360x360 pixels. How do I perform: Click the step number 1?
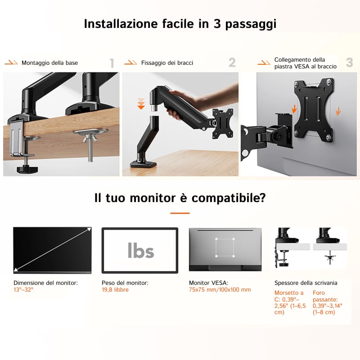pos(112,63)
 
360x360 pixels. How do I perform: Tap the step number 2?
pos(232,63)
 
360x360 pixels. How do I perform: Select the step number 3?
pos(350,62)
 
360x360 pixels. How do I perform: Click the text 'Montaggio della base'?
pos(49,63)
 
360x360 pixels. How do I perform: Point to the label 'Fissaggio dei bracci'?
pos(167,63)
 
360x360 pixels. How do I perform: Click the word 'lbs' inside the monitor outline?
pos(141,251)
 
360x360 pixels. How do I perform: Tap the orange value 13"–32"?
pos(23,290)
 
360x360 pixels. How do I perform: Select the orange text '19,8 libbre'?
pos(115,290)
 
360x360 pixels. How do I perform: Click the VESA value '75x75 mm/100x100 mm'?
pos(220,290)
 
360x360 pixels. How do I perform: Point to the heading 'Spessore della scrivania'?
pos(306,283)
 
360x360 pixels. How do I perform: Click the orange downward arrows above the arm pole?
pos(141,103)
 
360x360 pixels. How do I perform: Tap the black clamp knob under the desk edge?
pos(27,170)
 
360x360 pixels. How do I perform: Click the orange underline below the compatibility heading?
pos(180,213)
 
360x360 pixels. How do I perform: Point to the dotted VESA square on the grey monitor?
pos(225,247)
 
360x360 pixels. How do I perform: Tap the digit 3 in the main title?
pos(217,24)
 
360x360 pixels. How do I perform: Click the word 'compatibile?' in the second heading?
pos(229,198)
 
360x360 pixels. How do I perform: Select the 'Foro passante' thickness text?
pos(328,302)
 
